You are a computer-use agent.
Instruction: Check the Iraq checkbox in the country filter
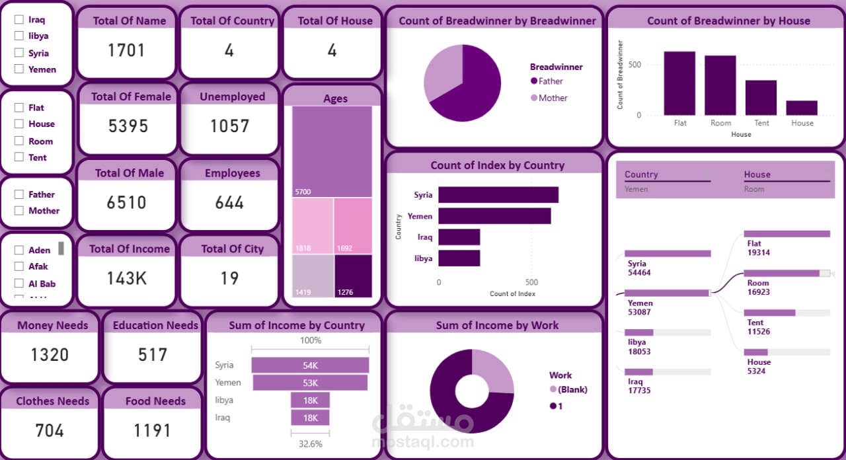[x=19, y=20]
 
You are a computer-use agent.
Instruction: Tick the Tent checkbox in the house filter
[x=19, y=157]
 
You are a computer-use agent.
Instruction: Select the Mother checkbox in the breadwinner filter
[x=19, y=211]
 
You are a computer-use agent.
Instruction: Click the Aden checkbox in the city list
[x=19, y=250]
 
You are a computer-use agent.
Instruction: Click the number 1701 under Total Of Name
[x=126, y=50]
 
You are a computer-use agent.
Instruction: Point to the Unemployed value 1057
[x=229, y=126]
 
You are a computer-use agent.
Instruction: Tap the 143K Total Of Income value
[x=127, y=278]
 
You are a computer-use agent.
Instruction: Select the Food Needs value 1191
[x=153, y=430]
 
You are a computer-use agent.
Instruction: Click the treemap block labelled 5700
[x=332, y=151]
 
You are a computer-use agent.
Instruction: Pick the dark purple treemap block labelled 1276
[x=353, y=276]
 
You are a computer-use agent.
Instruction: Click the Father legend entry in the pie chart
[x=551, y=81]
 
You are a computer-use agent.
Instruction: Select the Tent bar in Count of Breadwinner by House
[x=761, y=98]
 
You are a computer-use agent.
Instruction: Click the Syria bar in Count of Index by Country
[x=498, y=195]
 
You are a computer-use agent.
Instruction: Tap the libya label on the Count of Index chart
[x=423, y=258]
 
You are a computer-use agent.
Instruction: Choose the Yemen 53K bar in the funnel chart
[x=310, y=383]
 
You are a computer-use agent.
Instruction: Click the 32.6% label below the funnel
[x=310, y=444]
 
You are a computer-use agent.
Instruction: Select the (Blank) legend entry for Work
[x=572, y=389]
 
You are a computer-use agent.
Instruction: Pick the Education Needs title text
[x=155, y=325]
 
